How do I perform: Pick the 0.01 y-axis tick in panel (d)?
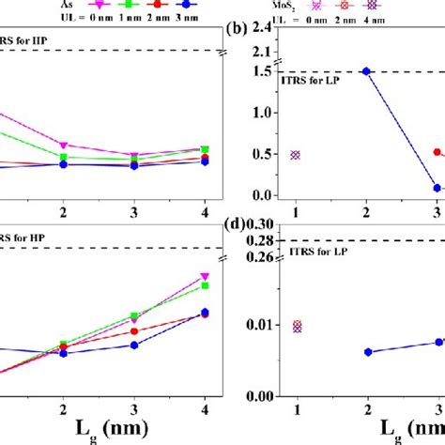point(257,325)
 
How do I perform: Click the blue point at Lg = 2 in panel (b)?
point(367,71)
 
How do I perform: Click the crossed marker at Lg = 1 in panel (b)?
point(297,155)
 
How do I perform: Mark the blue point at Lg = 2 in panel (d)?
point(367,352)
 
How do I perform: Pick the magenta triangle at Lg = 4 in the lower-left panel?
point(206,277)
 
